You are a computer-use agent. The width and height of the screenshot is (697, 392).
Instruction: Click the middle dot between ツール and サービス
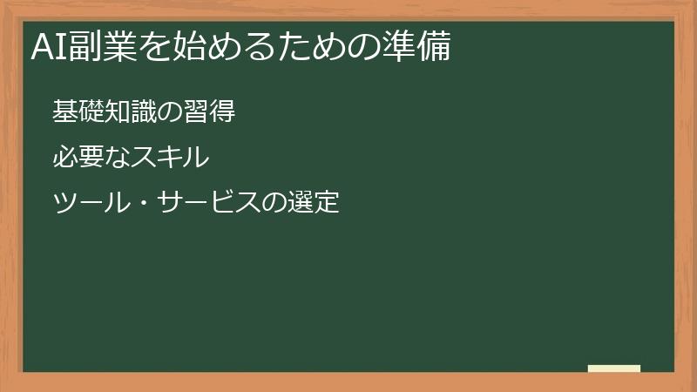(x=142, y=205)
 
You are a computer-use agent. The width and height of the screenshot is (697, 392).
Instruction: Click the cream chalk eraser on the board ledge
(x=614, y=368)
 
